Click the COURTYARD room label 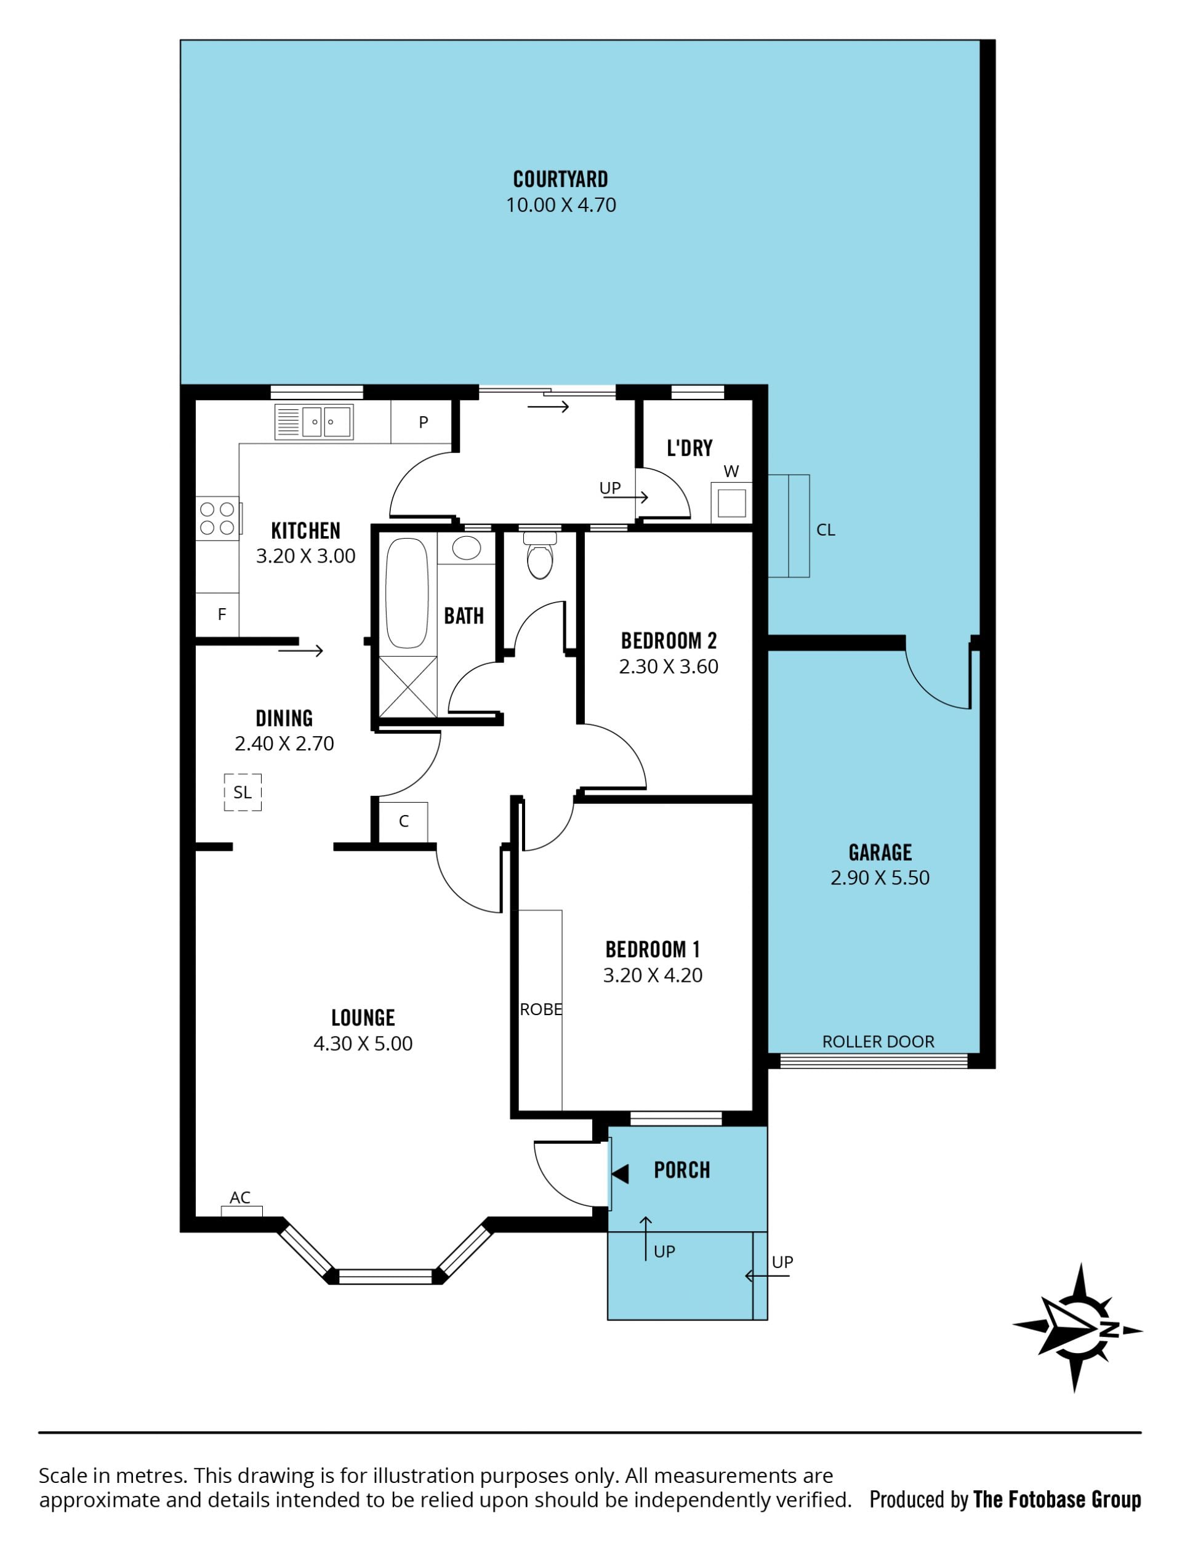pos(561,179)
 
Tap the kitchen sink pos(314,422)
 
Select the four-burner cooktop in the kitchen pos(217,518)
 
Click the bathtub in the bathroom pos(407,593)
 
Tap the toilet pos(540,555)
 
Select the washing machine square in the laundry pos(732,502)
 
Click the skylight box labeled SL pos(243,792)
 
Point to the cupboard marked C pos(403,822)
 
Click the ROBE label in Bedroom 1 pos(541,1010)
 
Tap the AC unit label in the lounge pos(240,1197)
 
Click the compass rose pos(1077,1328)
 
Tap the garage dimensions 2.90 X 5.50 pos(880,878)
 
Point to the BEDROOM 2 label pos(669,641)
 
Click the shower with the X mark pos(408,687)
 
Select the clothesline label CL pos(826,530)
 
